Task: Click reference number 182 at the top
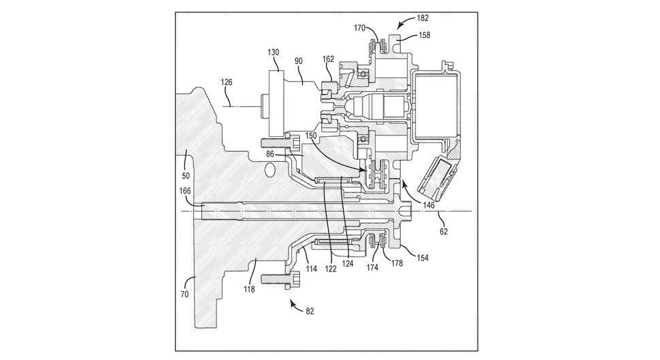[422, 18]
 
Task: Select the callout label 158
[425, 35]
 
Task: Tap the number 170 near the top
[360, 28]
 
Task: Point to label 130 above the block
[274, 52]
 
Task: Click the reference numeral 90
[299, 61]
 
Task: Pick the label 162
[329, 59]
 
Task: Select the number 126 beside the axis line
[227, 82]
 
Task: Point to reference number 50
[186, 176]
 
